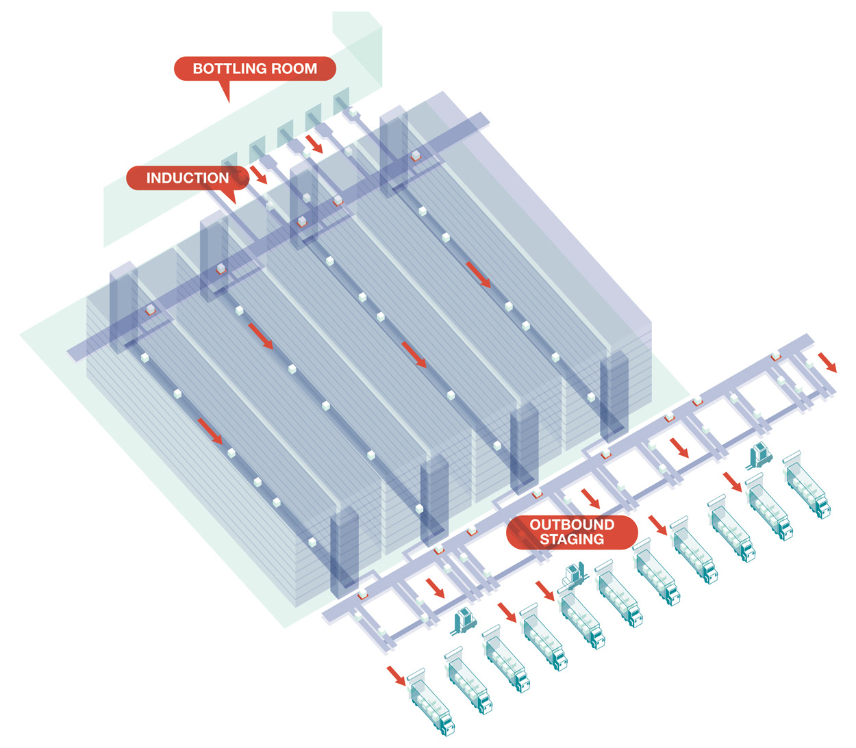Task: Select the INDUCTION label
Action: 187,178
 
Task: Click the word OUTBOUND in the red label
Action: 572,525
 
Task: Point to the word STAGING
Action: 572,539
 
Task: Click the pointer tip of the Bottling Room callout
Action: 227,101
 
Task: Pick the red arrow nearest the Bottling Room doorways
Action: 314,144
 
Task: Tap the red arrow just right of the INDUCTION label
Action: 259,175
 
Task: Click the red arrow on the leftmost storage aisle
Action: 210,431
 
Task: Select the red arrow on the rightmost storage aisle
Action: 478,274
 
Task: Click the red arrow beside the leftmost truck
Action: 396,675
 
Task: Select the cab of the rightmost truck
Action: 822,506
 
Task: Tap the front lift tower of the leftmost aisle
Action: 344,554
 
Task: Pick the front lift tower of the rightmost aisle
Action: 614,397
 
